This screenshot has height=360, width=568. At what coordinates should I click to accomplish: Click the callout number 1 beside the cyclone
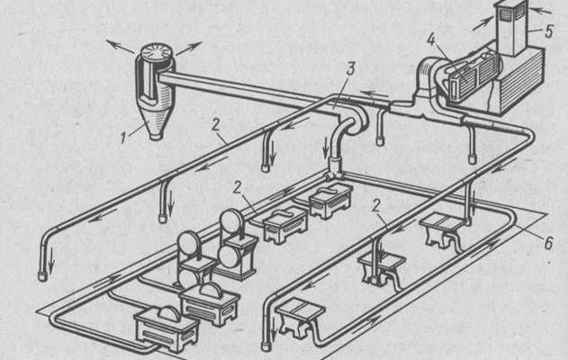click(124, 138)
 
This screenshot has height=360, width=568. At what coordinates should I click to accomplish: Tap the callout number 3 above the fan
click(350, 69)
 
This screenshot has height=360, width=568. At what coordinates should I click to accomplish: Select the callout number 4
click(430, 40)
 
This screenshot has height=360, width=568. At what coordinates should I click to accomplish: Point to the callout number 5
click(549, 31)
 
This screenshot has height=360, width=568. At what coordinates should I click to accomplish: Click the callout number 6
click(549, 243)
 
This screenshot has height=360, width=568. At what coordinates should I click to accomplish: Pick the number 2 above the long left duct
click(215, 125)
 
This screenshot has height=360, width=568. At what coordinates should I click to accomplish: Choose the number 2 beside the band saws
click(238, 187)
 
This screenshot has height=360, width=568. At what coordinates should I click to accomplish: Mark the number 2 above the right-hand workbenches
click(377, 206)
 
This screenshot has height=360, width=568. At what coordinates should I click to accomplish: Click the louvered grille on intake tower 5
click(509, 13)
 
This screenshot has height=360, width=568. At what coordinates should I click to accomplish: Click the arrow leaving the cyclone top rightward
click(189, 49)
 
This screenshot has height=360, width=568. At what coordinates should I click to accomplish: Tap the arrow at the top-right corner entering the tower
click(541, 10)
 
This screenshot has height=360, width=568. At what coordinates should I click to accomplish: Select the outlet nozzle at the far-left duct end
click(42, 276)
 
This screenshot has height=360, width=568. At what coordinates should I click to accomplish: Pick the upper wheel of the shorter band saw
click(188, 243)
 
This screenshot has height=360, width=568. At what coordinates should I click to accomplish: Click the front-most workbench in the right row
click(301, 317)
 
